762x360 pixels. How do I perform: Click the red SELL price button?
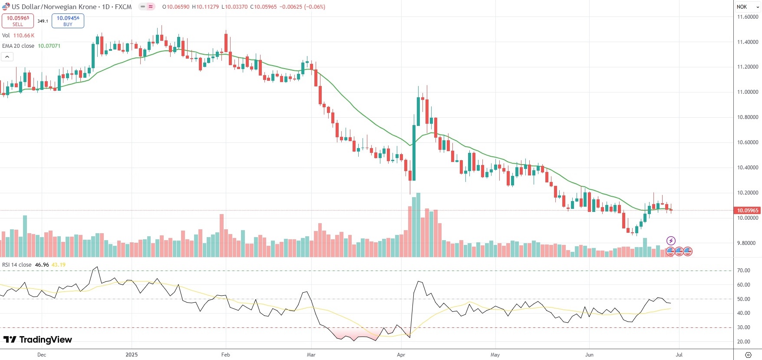point(18,21)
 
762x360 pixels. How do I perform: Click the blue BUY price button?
point(68,21)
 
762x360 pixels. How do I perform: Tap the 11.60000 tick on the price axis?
point(748,17)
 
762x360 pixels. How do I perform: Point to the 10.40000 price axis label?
point(748,168)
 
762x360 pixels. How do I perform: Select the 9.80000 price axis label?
point(748,243)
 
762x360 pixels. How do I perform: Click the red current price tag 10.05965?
point(747,211)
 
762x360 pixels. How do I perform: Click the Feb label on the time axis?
point(225,355)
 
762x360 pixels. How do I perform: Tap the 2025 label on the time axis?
point(132,355)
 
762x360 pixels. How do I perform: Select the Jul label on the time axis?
point(679,355)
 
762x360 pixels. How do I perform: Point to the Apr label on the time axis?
point(401,355)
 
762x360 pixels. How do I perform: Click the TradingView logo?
point(38,340)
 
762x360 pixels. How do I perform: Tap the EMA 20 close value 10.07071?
point(49,46)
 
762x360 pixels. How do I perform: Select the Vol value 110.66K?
point(24,36)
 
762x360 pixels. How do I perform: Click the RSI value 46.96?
point(42,265)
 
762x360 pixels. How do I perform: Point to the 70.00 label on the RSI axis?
point(743,271)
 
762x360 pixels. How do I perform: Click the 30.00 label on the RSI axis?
point(743,327)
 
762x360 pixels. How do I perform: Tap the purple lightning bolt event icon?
point(671,241)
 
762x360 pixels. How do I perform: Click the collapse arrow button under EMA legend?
point(7,57)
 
